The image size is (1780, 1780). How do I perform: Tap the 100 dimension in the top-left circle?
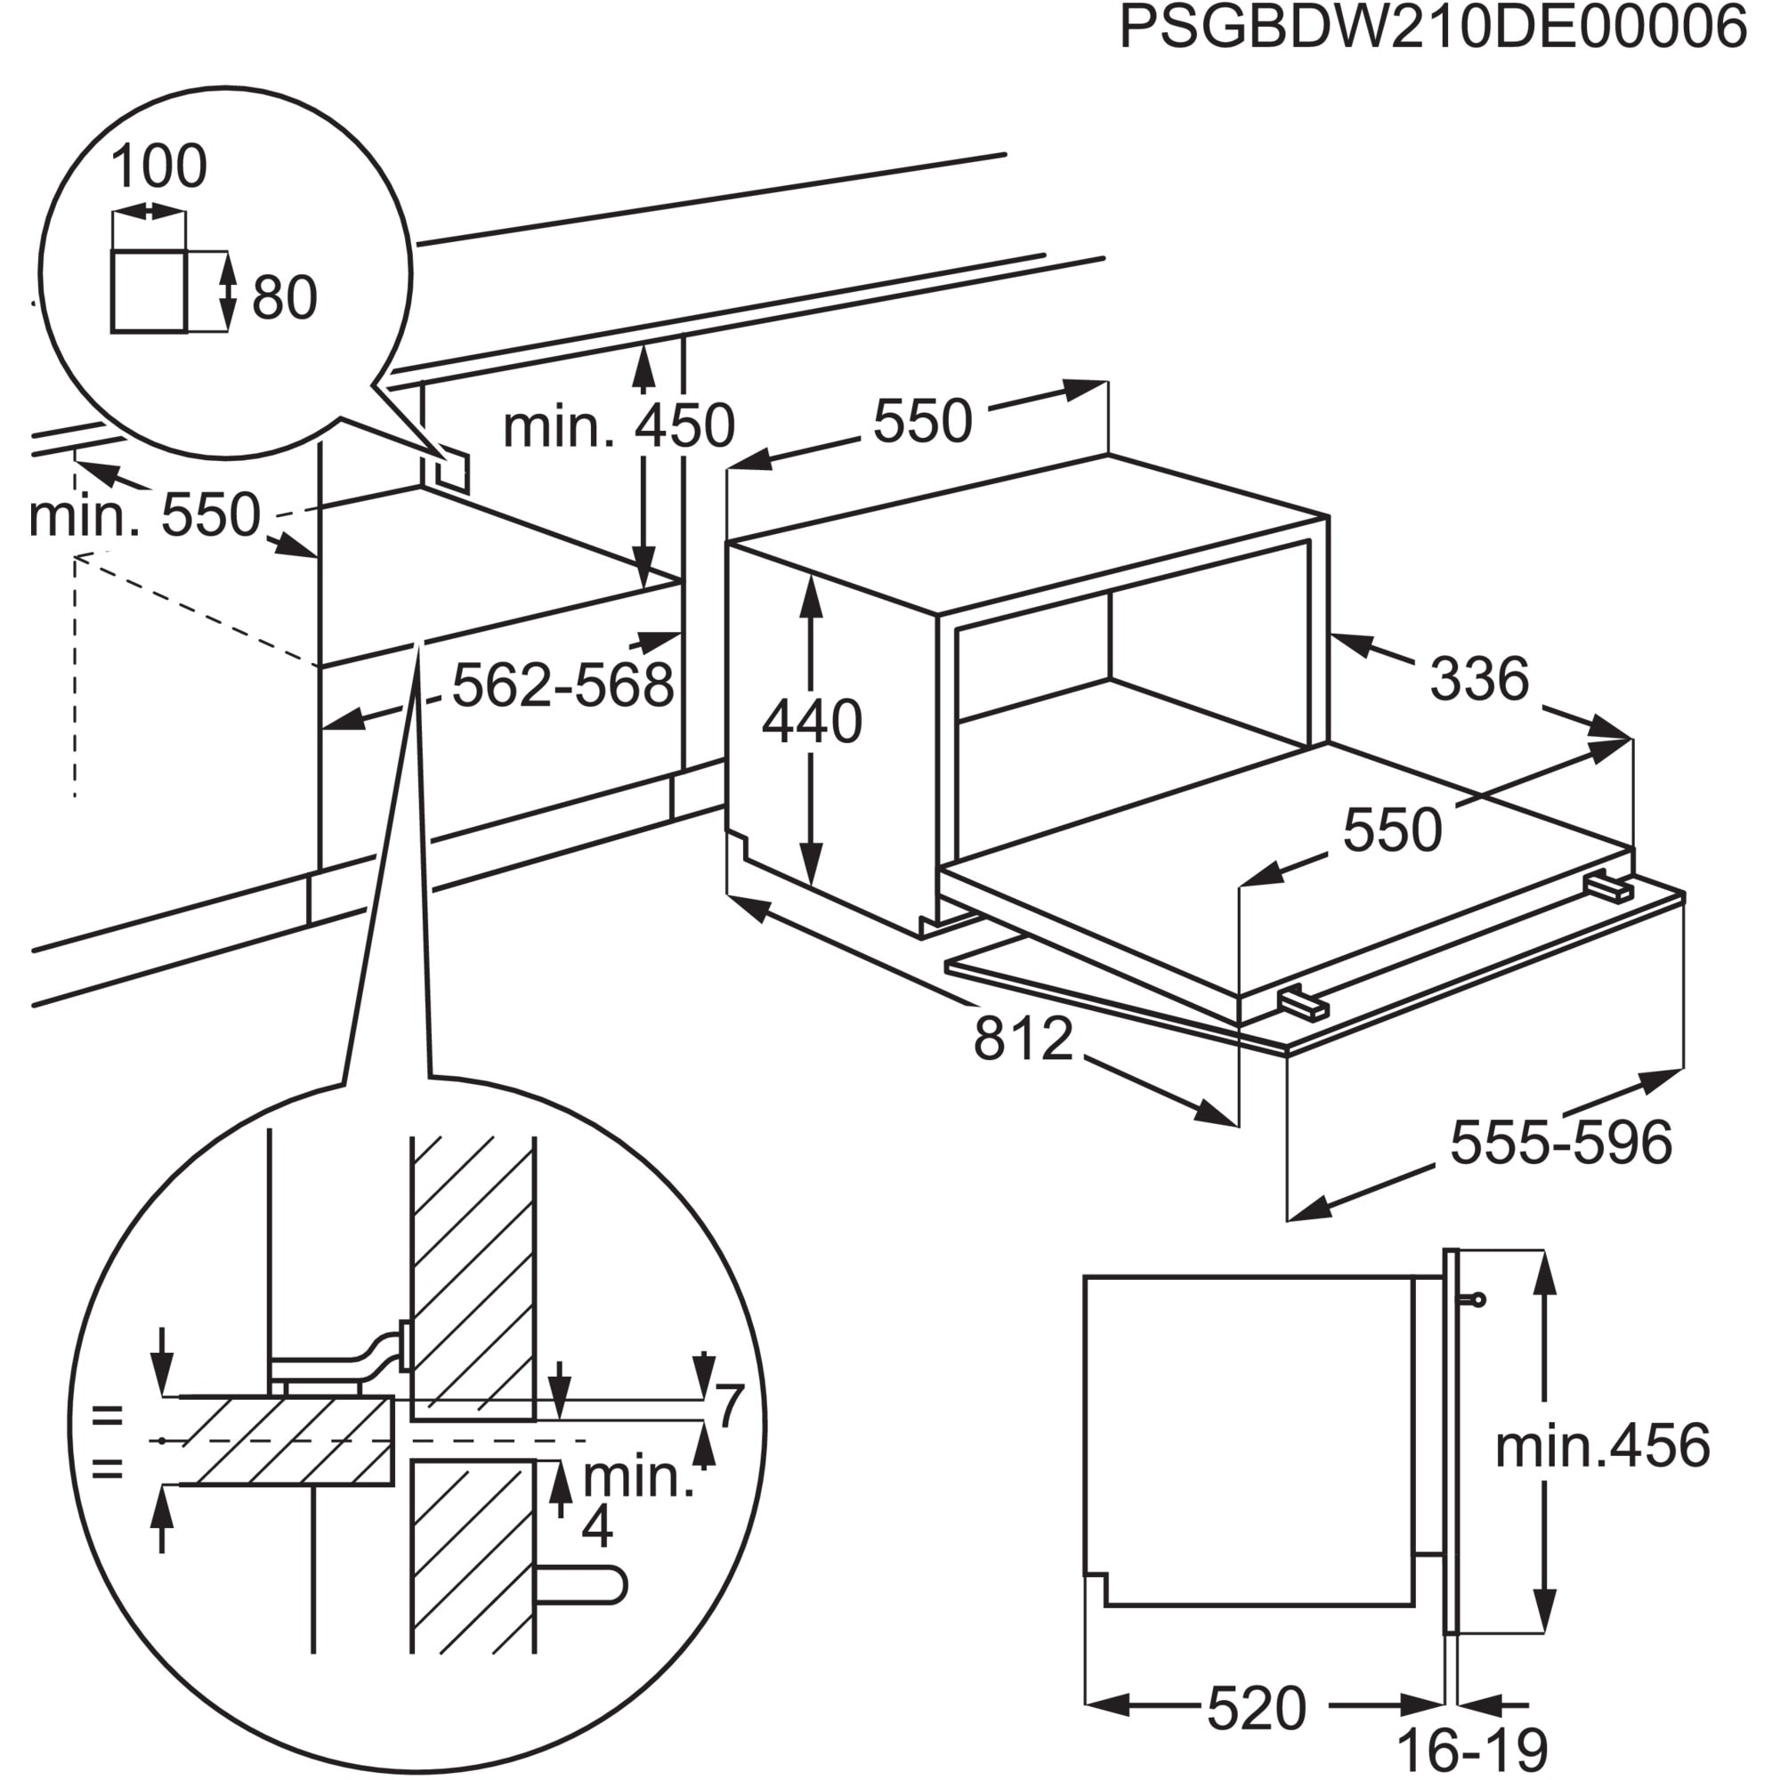point(158,166)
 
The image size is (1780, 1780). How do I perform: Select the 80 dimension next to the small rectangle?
point(284,297)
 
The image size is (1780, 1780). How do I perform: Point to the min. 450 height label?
point(619,426)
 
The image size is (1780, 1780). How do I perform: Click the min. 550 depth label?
point(145,515)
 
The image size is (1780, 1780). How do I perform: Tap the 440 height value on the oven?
point(812,722)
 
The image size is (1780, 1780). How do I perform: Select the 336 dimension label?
point(1478,679)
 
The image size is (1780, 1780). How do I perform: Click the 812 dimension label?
point(1023,1040)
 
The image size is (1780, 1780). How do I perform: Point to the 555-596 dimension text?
point(1561,1144)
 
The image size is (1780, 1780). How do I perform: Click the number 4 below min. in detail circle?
point(597,1526)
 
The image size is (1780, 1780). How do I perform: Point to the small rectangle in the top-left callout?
point(149,290)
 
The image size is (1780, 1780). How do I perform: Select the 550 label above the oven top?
point(922,422)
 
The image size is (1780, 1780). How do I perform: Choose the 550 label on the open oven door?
point(1392,830)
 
